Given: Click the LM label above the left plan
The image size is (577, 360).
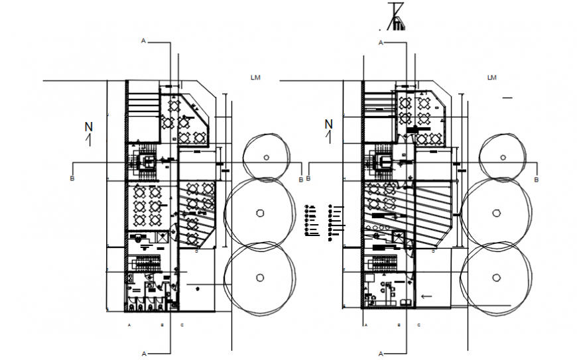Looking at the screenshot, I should (255, 78).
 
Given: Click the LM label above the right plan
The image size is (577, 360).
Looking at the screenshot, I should (491, 78).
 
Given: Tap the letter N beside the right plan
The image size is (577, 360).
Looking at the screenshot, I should (328, 124).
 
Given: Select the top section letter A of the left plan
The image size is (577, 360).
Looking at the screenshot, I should (143, 41).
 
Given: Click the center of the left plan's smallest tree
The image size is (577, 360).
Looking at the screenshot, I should (266, 157).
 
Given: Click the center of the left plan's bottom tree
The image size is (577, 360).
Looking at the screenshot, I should (260, 277).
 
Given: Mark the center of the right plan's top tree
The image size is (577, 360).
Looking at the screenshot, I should (502, 157).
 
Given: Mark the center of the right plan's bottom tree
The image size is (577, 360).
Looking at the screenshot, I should (495, 277).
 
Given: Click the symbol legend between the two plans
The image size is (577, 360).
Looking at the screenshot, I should (324, 221).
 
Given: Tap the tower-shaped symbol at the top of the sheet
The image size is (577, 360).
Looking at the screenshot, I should (396, 17).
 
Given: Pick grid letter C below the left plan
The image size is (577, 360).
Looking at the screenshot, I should (182, 326).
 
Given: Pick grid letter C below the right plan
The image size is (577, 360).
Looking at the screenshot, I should (418, 326).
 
